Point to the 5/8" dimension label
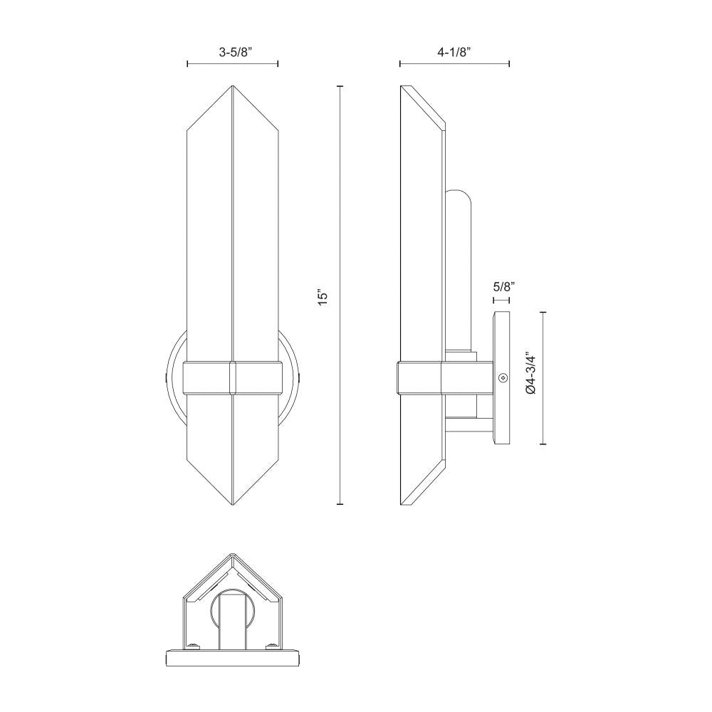[503, 286]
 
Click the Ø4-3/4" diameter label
[530, 373]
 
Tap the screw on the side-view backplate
[503, 378]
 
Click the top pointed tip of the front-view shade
[233, 86]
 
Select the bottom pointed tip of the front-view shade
[233, 505]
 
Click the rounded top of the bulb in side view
[458, 194]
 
